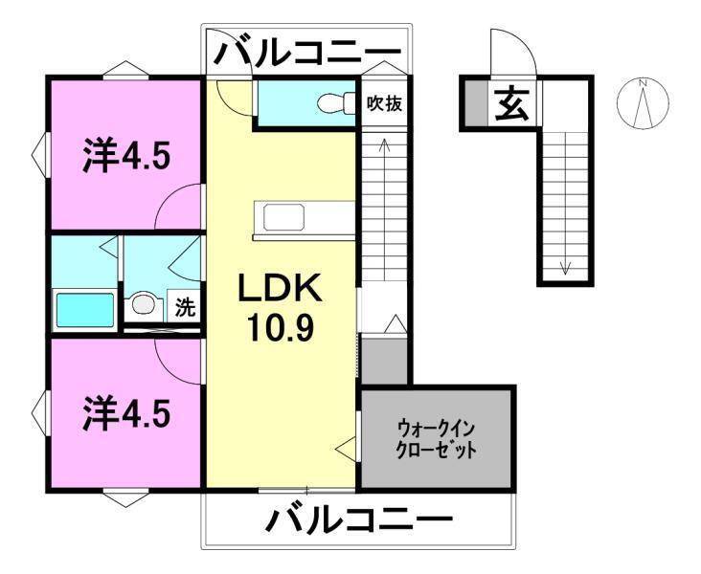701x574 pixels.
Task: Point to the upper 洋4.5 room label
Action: [x=126, y=155]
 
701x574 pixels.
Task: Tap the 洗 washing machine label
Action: [x=185, y=309]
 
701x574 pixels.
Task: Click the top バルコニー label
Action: [x=305, y=52]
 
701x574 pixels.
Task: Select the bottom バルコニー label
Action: [x=358, y=521]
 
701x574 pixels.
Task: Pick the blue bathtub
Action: [x=84, y=309]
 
